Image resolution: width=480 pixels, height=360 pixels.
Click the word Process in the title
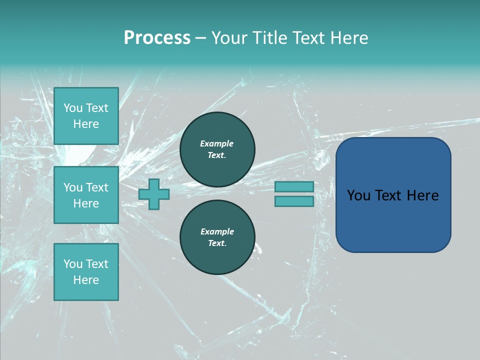point(157,38)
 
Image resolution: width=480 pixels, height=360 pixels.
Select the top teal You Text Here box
point(86,116)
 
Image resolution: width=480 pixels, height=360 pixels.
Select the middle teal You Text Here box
point(86,195)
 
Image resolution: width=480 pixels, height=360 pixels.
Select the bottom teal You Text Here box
point(86,272)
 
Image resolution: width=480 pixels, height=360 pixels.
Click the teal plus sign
point(154,194)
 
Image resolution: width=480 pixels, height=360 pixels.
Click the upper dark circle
point(217,149)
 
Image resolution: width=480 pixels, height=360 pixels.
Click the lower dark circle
point(217,237)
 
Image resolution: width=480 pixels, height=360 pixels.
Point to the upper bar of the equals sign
point(294,186)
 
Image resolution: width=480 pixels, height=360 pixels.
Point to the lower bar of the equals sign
point(294,201)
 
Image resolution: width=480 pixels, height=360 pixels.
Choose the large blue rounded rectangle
point(393,220)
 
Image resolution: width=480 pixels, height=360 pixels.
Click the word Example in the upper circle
point(216,143)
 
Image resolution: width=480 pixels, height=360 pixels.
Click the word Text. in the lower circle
point(217,243)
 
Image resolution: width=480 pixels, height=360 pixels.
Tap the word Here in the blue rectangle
point(422,195)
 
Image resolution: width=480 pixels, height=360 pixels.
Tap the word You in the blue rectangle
point(358,195)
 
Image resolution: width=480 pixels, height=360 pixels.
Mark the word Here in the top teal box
point(86,124)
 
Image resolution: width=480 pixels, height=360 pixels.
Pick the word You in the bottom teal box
point(73,264)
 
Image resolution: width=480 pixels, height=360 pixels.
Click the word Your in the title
point(229,38)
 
